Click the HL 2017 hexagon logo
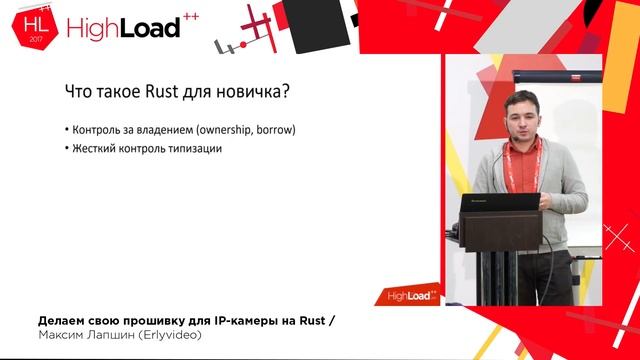point(34,26)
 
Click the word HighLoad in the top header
point(122,28)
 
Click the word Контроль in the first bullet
point(96,131)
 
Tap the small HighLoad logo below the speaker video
point(412,295)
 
